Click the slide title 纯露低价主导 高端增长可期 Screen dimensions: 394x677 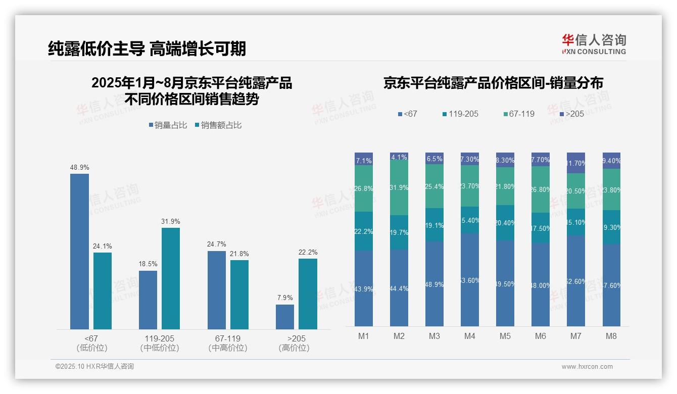[x=147, y=48]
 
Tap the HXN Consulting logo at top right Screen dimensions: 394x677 [x=594, y=44]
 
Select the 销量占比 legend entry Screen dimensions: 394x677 [x=170, y=125]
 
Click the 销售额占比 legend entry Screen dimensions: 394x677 [x=218, y=125]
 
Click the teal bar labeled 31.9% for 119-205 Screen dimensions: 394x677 [x=171, y=278]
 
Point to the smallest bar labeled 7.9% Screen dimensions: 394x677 [x=285, y=317]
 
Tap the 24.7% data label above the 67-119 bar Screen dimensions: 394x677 [x=216, y=244]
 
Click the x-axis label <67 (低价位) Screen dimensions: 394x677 [x=91, y=343]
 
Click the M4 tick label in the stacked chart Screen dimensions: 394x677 [x=469, y=336]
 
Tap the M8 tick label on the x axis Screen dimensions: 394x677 [x=611, y=336]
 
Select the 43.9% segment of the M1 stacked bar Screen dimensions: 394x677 [x=364, y=288]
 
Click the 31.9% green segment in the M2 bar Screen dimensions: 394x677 [x=399, y=187]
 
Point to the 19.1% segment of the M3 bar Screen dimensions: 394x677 [x=434, y=225]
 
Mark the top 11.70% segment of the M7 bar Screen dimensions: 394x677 [x=575, y=163]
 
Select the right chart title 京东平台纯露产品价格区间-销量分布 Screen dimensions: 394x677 [x=493, y=83]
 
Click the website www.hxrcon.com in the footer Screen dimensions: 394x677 [x=587, y=367]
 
